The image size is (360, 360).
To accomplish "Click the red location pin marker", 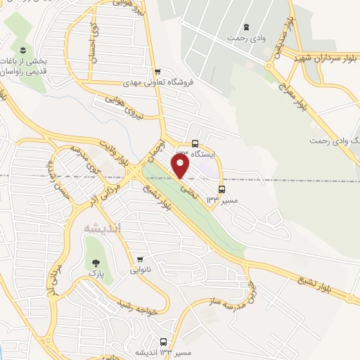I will pos(181,167).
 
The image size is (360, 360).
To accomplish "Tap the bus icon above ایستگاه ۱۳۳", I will pos(195,143).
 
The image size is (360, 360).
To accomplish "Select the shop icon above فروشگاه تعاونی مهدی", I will pos(157,71).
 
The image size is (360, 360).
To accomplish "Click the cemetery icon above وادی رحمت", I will pos(245,27).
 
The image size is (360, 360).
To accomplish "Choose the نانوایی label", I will pos(140,269).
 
